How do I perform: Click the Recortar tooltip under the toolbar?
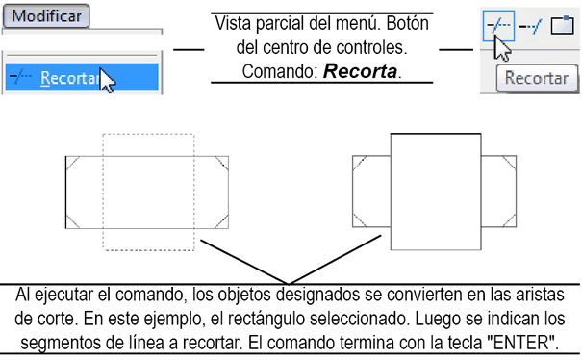(x=535, y=80)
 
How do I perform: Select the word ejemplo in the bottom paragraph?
(x=201, y=319)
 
